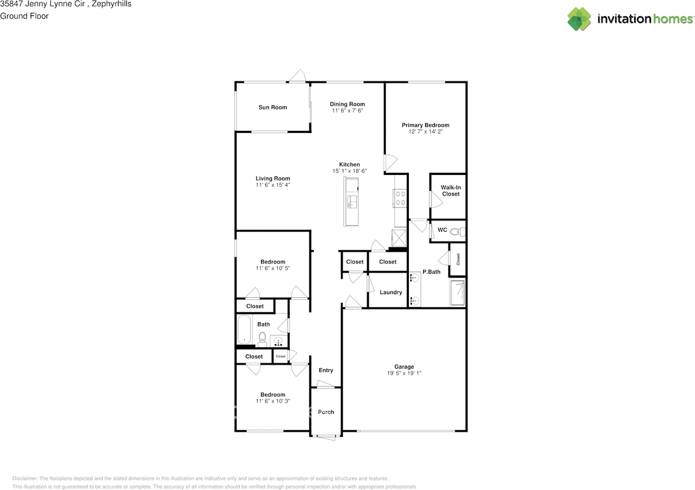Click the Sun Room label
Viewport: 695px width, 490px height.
(273, 108)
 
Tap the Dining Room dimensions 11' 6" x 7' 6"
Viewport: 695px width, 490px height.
(347, 111)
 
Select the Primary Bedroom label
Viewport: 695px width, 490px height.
(425, 125)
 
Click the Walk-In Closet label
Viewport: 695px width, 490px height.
(451, 191)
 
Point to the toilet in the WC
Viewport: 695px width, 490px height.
(458, 231)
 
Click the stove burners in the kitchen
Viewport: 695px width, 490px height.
(401, 198)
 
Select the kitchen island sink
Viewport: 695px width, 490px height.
(352, 202)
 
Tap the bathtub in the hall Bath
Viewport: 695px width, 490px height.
(245, 330)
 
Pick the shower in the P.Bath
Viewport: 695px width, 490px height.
(457, 293)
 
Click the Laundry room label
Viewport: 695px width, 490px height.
(391, 292)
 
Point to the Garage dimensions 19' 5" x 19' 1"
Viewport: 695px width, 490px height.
(404, 373)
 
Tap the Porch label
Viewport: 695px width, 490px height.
(326, 412)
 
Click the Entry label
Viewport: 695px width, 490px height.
(326, 370)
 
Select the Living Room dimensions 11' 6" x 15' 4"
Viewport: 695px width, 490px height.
(273, 185)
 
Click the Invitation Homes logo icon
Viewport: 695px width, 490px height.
(579, 19)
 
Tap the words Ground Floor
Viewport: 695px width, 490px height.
(24, 16)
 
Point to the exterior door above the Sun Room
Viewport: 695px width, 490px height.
(296, 77)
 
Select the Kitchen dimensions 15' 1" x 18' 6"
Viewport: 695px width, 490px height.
(350, 171)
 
